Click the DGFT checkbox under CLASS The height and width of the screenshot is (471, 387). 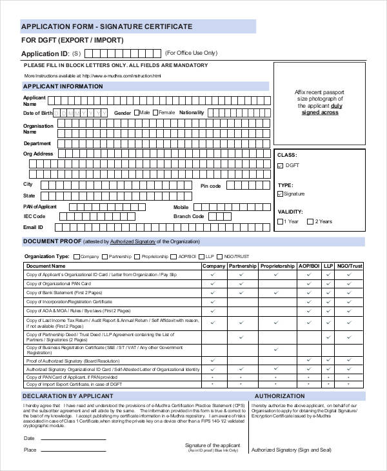[280, 166]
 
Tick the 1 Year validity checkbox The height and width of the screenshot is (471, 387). [280, 222]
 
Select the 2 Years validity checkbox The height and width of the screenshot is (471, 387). [310, 222]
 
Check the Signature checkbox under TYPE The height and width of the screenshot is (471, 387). [280, 194]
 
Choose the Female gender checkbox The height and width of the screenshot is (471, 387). [155, 113]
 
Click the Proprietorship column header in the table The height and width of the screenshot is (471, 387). [277, 266]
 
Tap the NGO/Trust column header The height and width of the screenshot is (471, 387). [350, 266]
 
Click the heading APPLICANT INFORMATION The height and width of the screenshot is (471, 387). [63, 86]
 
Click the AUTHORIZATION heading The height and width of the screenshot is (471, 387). [279, 396]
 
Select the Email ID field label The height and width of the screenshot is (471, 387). [33, 227]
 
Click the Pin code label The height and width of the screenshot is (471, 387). [210, 186]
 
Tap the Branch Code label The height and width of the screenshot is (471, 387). [188, 217]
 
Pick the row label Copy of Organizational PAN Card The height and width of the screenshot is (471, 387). [59, 283]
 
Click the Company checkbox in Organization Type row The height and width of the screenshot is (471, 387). [77, 256]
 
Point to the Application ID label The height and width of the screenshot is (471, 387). [44, 54]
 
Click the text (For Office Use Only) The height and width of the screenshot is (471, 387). [191, 53]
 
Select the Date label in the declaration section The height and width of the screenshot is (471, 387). [30, 438]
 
